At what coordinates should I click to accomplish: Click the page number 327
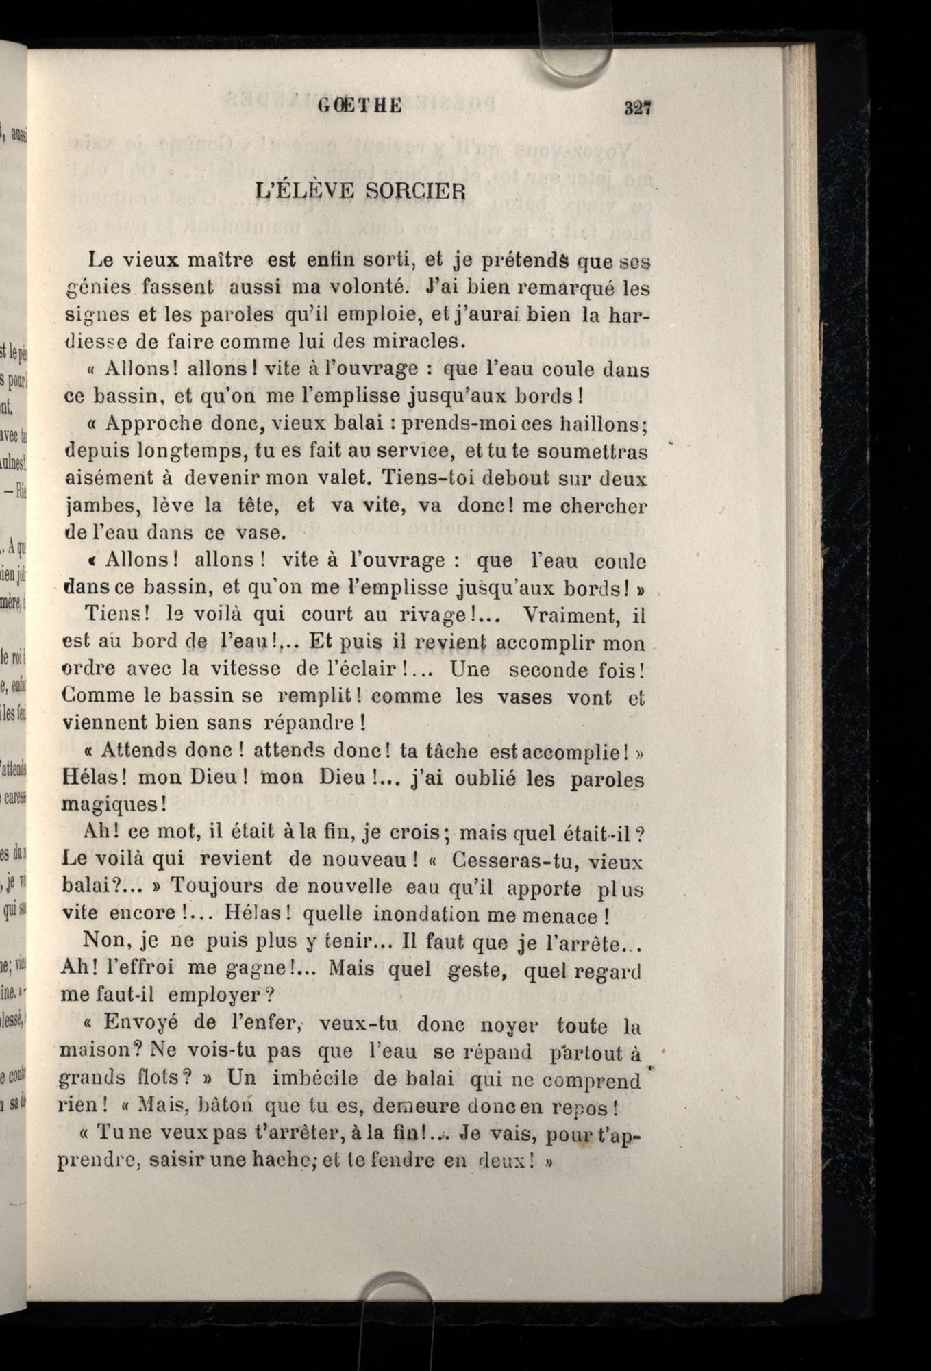pos(636,108)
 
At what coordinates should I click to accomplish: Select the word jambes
pos(97,506)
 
